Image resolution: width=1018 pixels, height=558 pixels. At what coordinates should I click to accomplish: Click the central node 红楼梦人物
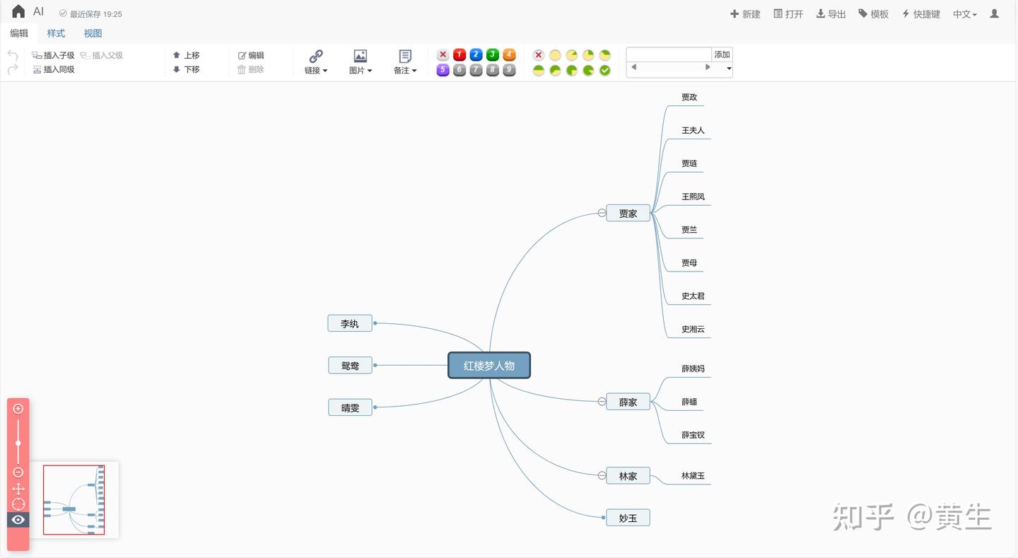489,366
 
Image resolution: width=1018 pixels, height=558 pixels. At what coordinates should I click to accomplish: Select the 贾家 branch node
628,213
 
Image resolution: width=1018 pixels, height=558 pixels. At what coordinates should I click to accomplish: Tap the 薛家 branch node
628,402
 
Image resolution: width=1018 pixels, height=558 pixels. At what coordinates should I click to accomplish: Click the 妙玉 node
628,518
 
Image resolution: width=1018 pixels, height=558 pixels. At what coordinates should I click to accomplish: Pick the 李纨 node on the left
350,323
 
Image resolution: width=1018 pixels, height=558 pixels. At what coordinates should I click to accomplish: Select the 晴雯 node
350,407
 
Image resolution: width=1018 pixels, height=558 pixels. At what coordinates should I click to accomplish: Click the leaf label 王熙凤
693,197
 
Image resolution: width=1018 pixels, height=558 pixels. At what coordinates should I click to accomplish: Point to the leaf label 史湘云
693,329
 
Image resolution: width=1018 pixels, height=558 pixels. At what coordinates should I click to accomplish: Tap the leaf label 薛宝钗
693,435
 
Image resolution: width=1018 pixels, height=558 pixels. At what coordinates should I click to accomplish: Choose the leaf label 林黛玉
693,476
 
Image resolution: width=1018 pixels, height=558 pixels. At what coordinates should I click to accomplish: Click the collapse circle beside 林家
602,475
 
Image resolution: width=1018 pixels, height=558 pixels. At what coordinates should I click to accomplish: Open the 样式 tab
56,33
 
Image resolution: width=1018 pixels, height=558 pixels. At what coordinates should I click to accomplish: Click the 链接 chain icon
316,56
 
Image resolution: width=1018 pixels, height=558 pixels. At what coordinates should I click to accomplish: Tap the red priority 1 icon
460,54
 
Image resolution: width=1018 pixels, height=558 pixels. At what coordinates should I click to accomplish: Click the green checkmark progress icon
605,70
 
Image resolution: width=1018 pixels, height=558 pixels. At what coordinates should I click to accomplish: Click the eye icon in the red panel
18,520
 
